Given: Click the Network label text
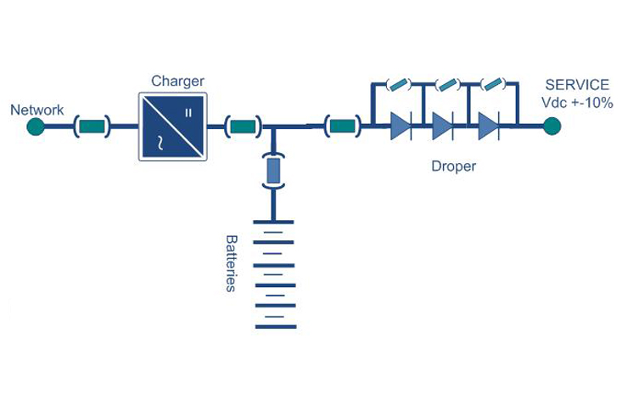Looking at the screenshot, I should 36,110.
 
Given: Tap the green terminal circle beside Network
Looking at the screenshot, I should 35,128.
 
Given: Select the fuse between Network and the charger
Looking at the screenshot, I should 93,128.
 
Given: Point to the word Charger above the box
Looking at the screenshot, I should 177,82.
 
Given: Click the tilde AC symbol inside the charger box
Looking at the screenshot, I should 157,142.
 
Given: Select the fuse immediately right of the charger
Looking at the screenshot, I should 243,128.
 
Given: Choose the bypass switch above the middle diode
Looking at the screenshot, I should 446,84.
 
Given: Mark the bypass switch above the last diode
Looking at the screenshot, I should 491,84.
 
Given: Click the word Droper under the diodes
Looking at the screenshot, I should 453,166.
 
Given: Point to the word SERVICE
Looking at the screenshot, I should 577,85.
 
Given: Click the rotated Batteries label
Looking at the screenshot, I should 230,263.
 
